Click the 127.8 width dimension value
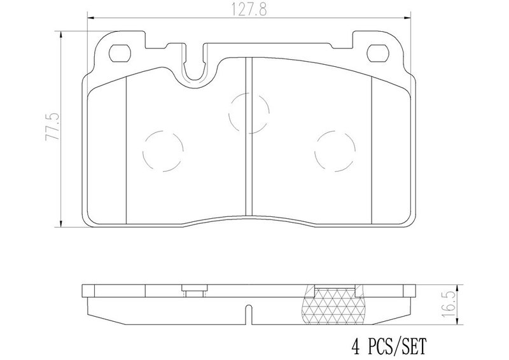(249, 10)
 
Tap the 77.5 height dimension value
(53, 127)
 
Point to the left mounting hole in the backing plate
(120, 53)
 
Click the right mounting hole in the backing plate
(378, 53)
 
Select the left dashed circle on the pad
(163, 151)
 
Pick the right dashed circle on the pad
(335, 151)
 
